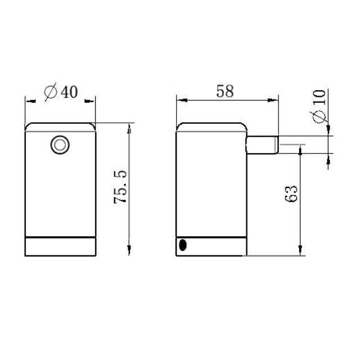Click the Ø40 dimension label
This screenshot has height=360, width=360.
(60, 92)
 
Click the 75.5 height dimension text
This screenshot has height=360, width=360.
(121, 188)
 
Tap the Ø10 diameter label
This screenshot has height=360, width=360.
(319, 107)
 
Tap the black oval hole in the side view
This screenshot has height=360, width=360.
(182, 245)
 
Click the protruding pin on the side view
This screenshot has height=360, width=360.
(262, 146)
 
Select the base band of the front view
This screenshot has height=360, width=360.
(60, 246)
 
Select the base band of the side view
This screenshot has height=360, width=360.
(211, 245)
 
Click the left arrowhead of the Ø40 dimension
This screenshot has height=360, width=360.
(29, 101)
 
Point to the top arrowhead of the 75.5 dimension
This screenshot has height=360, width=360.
(129, 127)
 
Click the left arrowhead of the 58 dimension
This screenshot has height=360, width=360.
(181, 101)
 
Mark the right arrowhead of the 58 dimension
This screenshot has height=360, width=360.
(275, 101)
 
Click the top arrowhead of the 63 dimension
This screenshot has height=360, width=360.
(301, 148)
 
